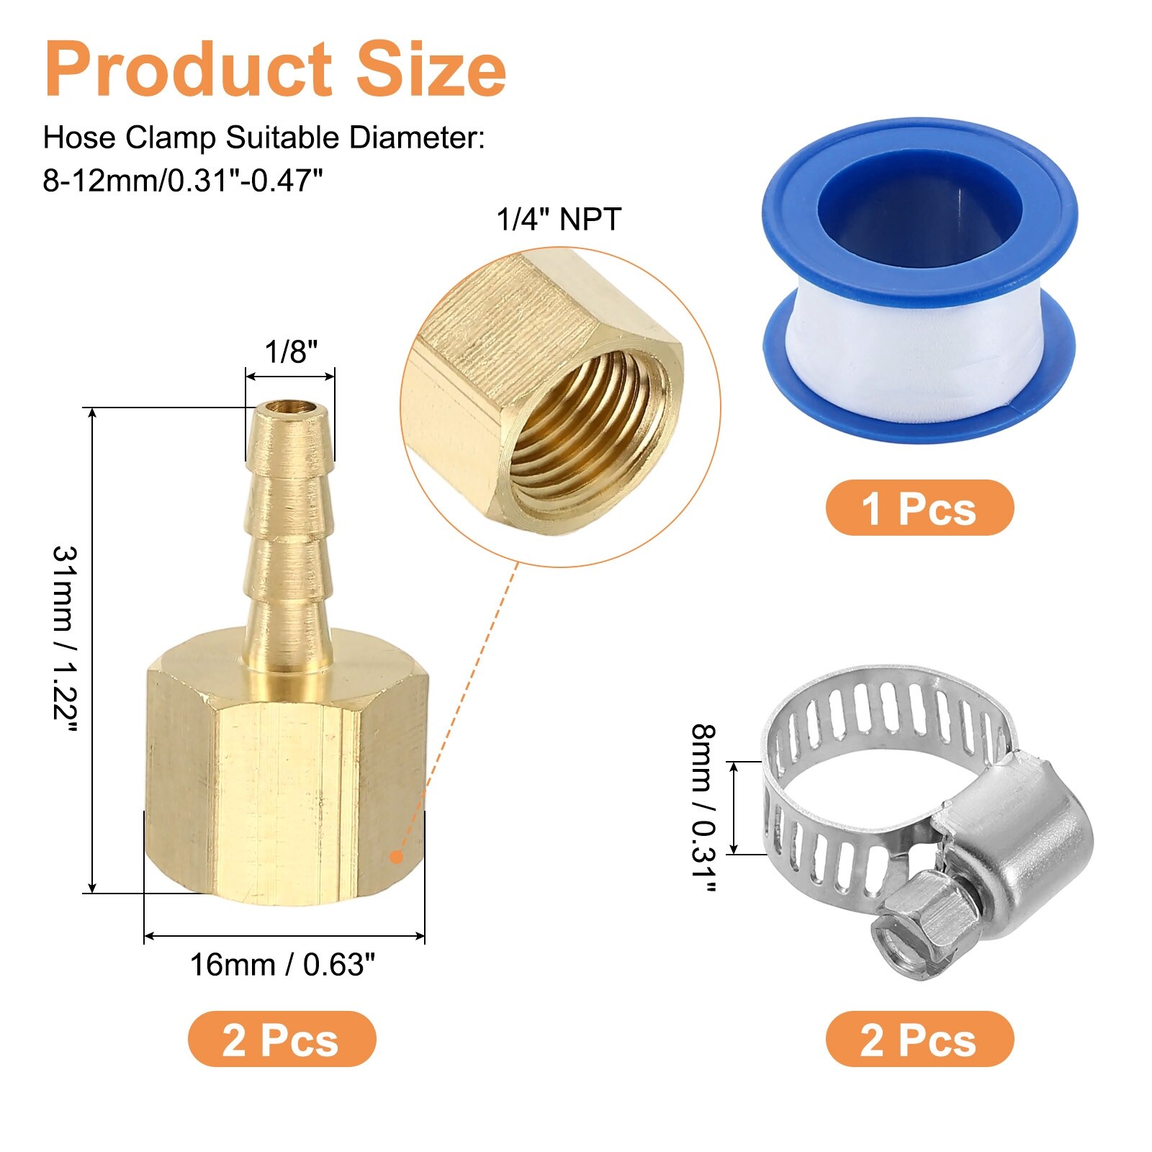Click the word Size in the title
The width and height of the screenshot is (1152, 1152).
431,69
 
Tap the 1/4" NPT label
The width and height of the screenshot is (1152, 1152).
559,219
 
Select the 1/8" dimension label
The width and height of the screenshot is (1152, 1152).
291,352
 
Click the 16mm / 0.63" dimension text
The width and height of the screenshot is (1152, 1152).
282,965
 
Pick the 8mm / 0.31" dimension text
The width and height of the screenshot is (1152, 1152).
703,808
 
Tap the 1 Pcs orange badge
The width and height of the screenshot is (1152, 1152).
919,508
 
